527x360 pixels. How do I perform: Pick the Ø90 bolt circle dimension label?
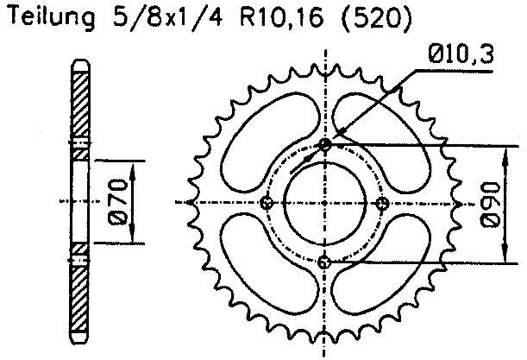point(488,204)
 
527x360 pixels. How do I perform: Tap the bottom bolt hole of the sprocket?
point(325,262)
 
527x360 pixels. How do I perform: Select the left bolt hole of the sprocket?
point(267,203)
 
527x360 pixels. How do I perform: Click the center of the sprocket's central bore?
point(325,203)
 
